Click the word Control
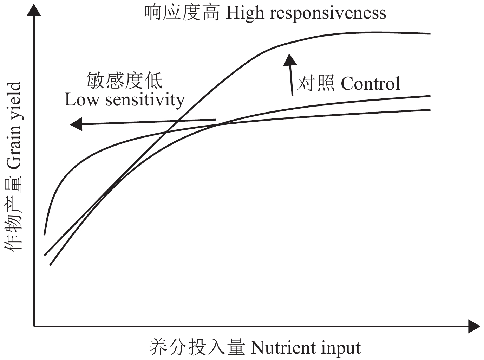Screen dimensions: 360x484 [x=370, y=84]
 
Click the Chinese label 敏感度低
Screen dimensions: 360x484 [x=124, y=81]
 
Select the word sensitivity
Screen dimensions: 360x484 [x=145, y=100]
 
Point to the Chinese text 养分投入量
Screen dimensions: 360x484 [x=197, y=347]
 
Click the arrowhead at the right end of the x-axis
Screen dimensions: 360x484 [x=474, y=326]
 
